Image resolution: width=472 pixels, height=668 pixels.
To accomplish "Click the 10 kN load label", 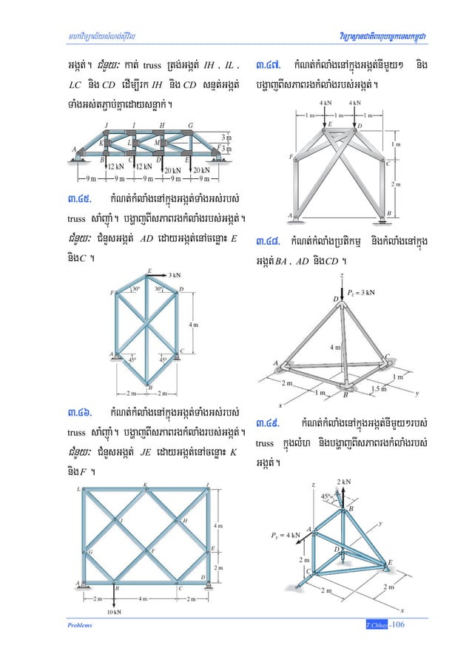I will (x=115, y=611).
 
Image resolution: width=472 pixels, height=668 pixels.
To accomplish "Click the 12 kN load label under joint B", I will (x=115, y=167).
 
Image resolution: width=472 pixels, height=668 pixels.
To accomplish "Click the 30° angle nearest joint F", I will (x=135, y=289).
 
